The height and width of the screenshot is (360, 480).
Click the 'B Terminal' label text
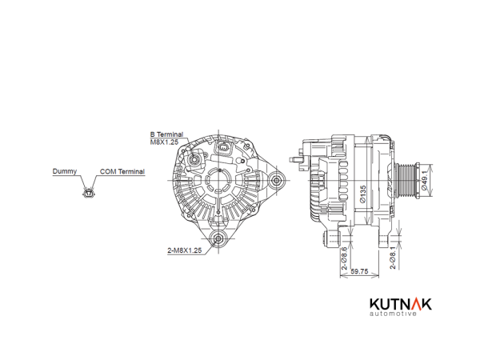coord(166,134)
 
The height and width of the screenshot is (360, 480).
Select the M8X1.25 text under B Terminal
coord(164,142)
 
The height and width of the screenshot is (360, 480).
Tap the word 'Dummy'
coord(65,171)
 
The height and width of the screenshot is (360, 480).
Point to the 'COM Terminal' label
coord(122,171)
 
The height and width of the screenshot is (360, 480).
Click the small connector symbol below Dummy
coord(89,193)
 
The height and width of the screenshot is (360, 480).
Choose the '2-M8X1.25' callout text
coord(185,250)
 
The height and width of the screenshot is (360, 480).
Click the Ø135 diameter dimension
coord(363,194)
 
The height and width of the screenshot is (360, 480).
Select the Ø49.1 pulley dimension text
coord(424,181)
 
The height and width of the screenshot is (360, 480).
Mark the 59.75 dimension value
coord(359,271)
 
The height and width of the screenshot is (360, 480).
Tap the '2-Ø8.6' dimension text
coord(345,258)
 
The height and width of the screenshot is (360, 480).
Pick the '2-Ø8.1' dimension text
coord(393,258)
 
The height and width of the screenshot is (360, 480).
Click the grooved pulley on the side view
coord(405,181)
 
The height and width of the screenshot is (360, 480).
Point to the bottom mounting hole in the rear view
coord(218,238)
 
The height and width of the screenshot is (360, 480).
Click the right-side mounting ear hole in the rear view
coord(277,180)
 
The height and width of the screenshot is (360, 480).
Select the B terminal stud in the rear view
coord(194,159)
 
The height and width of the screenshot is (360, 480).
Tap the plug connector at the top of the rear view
coord(223,148)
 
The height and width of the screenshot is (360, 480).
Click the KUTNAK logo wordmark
coord(401,304)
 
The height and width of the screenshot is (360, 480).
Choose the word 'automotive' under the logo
coord(393,314)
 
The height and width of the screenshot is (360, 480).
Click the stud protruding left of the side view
coord(296,159)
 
